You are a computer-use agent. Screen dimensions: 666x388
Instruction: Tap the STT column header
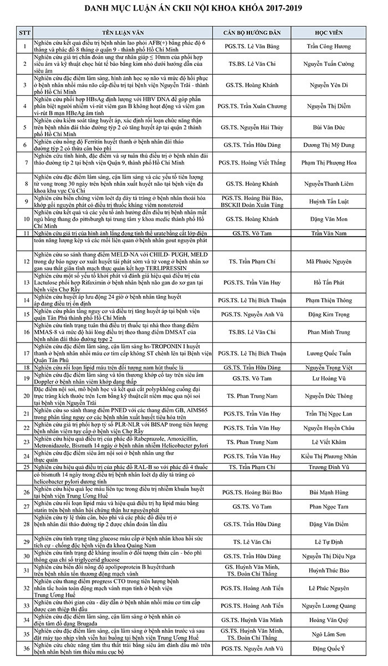(x=24, y=32)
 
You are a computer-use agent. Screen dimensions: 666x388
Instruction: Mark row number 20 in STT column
(x=24, y=396)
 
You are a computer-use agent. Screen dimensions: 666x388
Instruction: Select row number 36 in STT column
(x=24, y=648)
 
